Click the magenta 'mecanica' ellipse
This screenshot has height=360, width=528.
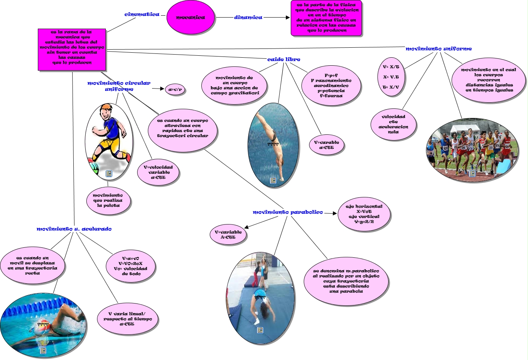[x=191, y=18]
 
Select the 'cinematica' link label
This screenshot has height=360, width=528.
[x=142, y=15]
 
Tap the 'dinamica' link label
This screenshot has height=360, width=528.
[x=248, y=18]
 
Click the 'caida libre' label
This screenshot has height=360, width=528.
[x=283, y=60]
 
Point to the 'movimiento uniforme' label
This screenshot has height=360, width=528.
[x=438, y=49]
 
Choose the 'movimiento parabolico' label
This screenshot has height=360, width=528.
[x=288, y=212]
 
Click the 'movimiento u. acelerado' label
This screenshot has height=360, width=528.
[x=74, y=229]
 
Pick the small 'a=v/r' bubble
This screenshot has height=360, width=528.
[x=175, y=90]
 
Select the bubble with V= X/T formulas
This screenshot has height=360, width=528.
[x=391, y=77]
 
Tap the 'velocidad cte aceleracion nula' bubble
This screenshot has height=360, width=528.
[x=393, y=124]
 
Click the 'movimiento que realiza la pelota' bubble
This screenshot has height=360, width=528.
[x=108, y=200]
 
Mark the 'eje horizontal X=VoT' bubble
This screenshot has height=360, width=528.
[x=364, y=214]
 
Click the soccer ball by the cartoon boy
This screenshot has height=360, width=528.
[x=93, y=167]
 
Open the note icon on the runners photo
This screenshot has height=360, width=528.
[x=472, y=173]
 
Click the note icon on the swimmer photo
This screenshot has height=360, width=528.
[x=43, y=350]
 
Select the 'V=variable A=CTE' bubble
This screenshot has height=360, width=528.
[x=228, y=234]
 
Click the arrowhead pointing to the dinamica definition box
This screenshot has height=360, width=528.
[x=288, y=18]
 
